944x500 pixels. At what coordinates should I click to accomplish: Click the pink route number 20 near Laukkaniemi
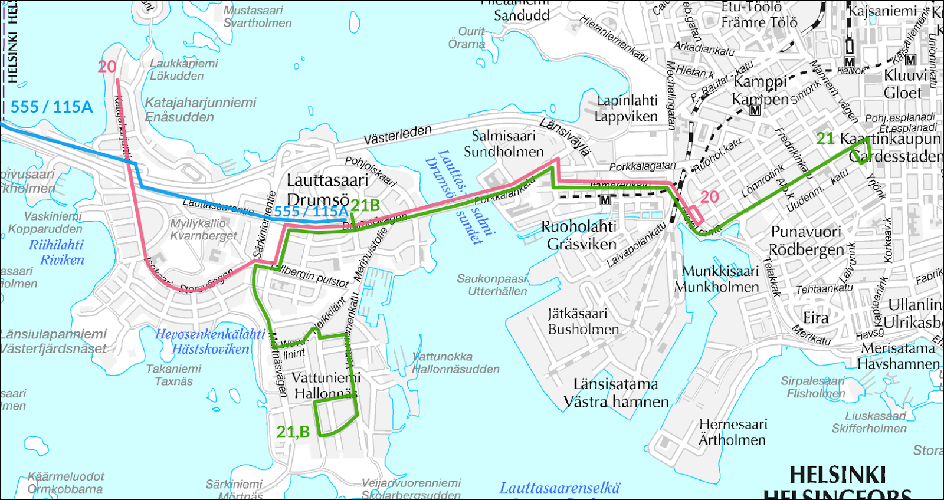[107, 67]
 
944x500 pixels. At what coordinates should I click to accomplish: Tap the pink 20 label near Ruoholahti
[709, 197]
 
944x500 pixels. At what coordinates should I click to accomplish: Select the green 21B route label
[365, 205]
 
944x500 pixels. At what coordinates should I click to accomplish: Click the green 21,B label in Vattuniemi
[293, 432]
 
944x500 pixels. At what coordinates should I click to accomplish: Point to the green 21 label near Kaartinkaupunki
[825, 139]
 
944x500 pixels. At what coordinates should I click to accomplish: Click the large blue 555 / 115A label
[52, 107]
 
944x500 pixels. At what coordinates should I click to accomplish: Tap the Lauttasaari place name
[327, 180]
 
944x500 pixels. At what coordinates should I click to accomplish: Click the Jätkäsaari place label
[577, 313]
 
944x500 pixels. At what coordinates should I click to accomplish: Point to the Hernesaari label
[733, 425]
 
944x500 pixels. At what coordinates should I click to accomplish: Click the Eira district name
[815, 318]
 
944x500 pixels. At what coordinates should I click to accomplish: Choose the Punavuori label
[806, 232]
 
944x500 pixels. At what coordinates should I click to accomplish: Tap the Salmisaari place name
[503, 136]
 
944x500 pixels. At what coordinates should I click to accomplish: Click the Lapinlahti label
[627, 101]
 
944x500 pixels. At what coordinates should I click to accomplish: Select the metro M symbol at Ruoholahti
[605, 200]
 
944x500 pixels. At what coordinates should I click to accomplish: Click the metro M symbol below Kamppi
[755, 110]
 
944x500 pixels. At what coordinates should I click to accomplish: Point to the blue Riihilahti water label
[57, 245]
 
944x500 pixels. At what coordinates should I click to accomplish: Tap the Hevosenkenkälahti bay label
[210, 334]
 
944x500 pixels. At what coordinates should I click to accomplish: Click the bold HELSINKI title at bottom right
[837, 475]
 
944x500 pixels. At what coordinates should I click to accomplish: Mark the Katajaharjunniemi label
[201, 103]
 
